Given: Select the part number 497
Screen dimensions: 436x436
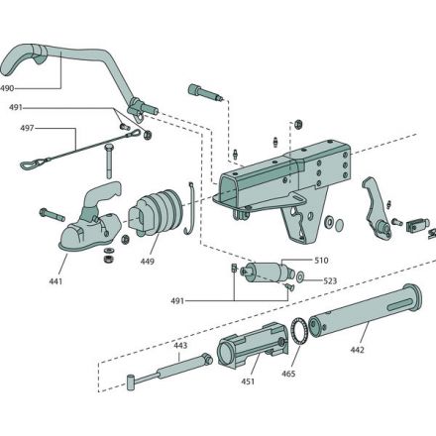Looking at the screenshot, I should tap(29, 128).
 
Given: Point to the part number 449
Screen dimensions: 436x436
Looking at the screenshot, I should tap(148, 263).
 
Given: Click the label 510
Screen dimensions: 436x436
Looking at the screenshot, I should tap(320, 261).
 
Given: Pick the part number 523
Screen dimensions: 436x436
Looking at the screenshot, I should tap(329, 281).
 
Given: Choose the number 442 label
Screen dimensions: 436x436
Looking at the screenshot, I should tap(358, 351).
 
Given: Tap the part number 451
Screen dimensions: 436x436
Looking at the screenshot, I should tap(249, 381).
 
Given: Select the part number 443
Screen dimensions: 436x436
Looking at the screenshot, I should tap(180, 347).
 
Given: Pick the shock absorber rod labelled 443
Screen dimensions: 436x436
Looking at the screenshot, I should tap(163, 374).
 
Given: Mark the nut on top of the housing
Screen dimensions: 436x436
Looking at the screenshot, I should tap(297, 124).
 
